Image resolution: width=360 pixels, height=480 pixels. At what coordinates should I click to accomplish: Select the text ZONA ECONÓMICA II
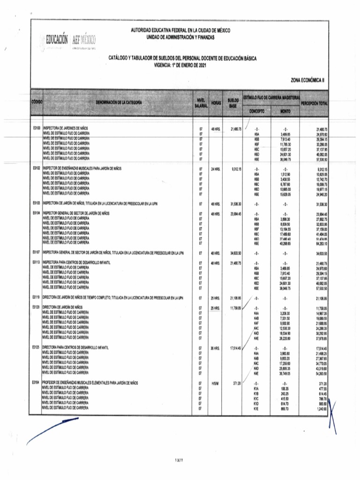click(x=307, y=80)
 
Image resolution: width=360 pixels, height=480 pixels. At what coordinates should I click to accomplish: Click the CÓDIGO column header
click(x=37, y=102)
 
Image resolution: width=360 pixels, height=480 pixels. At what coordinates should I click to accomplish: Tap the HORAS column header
click(x=216, y=102)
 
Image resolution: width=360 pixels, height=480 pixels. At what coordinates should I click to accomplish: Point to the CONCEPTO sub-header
click(x=256, y=112)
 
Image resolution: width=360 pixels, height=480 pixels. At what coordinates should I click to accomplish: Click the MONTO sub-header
click(x=285, y=112)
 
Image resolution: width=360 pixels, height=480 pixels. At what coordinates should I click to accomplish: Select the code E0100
click(x=37, y=128)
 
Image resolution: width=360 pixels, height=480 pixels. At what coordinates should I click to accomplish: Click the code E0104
click(x=37, y=213)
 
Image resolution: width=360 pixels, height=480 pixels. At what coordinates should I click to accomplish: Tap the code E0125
click(x=37, y=348)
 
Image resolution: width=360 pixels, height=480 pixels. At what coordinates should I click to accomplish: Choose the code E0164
click(x=37, y=383)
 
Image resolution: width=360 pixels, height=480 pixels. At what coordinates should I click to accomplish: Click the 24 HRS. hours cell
click(x=216, y=168)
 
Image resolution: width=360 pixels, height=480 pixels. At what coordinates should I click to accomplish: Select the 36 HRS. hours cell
click(x=216, y=348)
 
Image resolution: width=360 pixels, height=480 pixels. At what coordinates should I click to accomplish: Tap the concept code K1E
click(x=256, y=409)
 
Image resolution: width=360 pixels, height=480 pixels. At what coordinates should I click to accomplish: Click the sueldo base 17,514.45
click(x=234, y=348)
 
